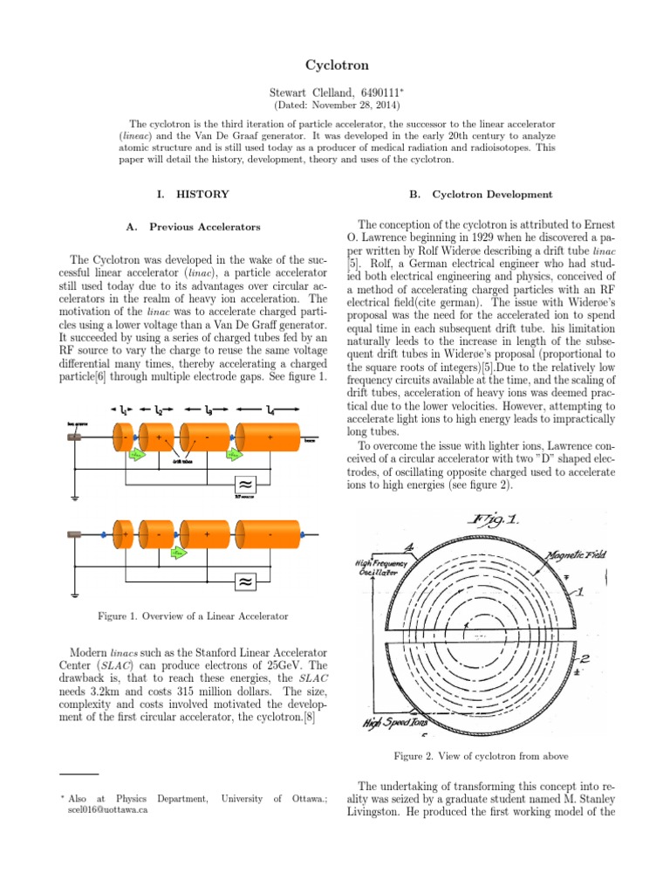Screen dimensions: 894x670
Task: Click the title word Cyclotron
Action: point(334,65)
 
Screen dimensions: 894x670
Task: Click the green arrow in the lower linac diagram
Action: point(179,553)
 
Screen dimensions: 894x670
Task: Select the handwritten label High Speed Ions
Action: point(401,723)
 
